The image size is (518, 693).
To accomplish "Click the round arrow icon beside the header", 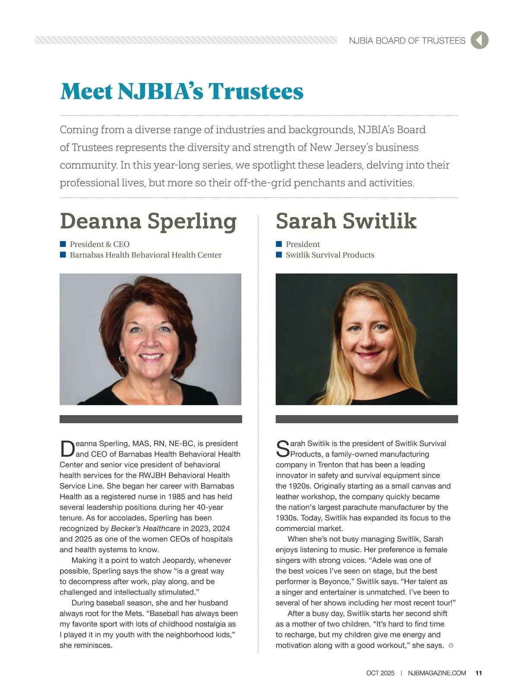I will pos(479,40).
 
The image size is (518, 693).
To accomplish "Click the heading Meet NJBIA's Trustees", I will pos(182,91).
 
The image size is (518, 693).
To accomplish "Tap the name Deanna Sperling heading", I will pos(148,221).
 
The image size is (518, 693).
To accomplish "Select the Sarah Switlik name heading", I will pos(346,221).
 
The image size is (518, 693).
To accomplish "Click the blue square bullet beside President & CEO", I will pos(63,244).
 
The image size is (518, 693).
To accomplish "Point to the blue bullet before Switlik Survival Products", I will pos(279,255).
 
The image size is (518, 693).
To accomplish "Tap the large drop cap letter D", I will pos(67,449).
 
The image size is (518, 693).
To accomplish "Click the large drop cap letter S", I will pos(283,449).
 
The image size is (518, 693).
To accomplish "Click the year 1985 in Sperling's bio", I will pos(176,497).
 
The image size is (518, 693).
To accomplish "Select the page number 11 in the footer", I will pos(479,673).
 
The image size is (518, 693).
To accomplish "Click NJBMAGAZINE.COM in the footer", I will pos(437,673).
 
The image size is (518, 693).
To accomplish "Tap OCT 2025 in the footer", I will pos(380,673).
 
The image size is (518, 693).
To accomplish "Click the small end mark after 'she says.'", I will pos(451,646).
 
